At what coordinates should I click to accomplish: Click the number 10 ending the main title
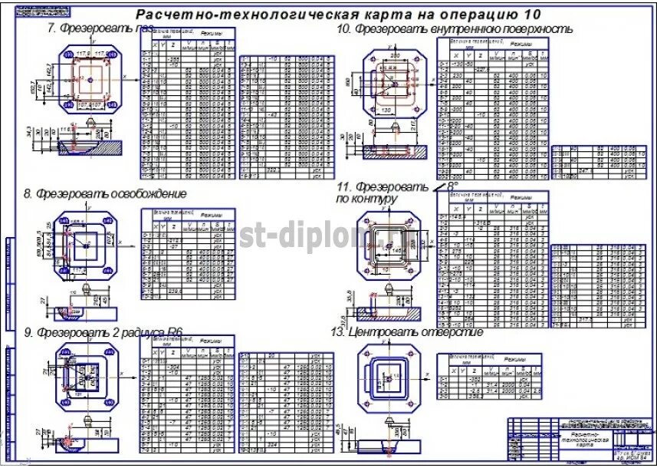532,15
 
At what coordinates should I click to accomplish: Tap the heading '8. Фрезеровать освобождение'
105,193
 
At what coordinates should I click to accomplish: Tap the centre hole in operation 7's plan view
90,78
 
